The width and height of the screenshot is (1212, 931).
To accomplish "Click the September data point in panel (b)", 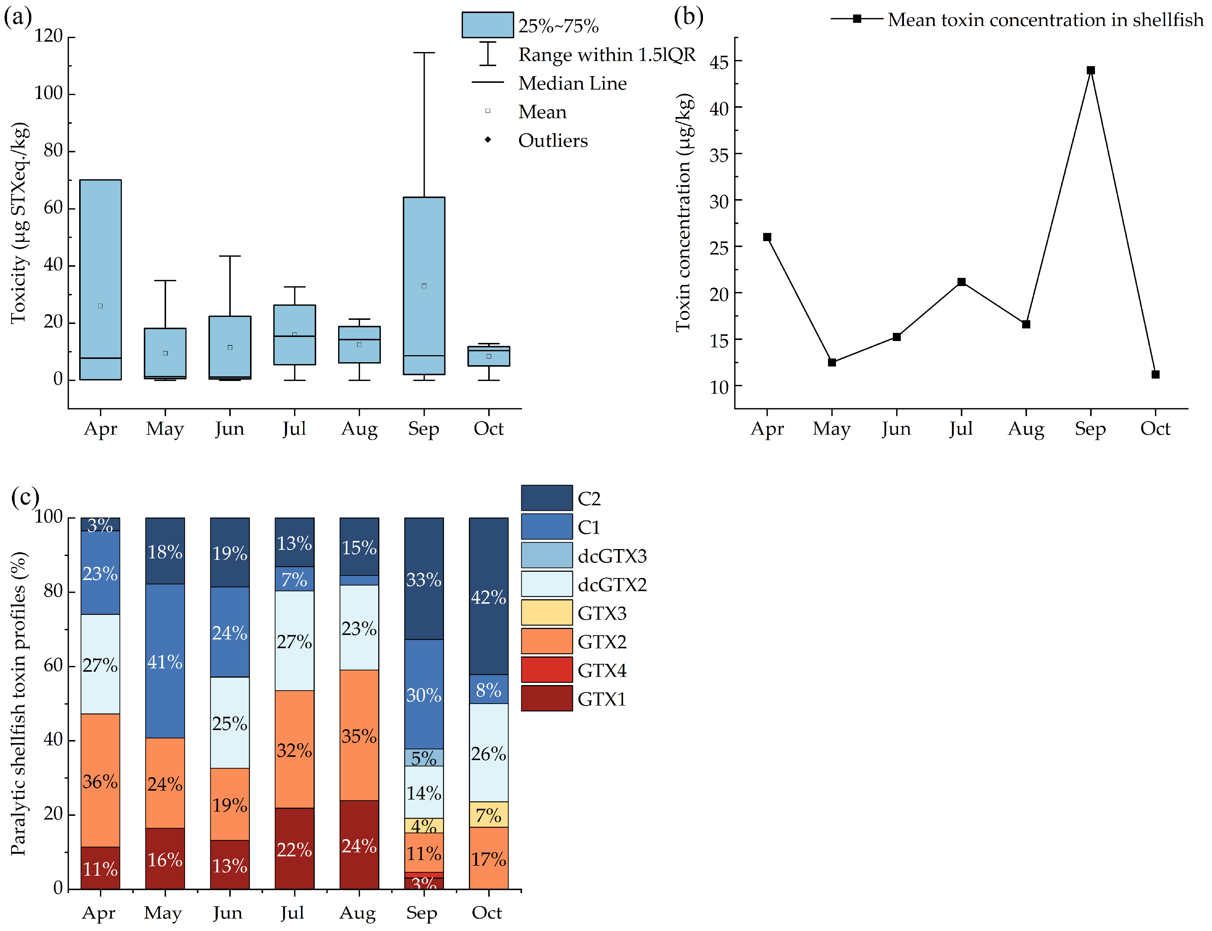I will (1090, 70).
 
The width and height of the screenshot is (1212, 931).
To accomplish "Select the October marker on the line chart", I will (1155, 374).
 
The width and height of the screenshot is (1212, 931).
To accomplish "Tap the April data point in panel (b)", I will (767, 237).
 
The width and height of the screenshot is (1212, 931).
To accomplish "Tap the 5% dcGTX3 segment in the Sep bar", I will (424, 758).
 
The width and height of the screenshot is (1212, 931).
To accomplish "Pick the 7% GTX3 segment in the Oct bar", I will (488, 815).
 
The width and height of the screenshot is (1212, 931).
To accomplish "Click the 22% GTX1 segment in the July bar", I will (294, 849).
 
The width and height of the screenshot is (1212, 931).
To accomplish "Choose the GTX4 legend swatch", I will (547, 670).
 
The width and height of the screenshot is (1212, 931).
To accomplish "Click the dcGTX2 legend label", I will (612, 585).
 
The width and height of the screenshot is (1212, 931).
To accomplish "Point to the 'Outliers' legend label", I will (552, 141).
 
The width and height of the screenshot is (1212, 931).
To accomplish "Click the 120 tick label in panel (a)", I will (49, 36).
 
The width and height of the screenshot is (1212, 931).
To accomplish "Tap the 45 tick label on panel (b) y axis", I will (719, 62).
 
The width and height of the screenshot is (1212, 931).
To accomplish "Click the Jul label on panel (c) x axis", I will (292, 913).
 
